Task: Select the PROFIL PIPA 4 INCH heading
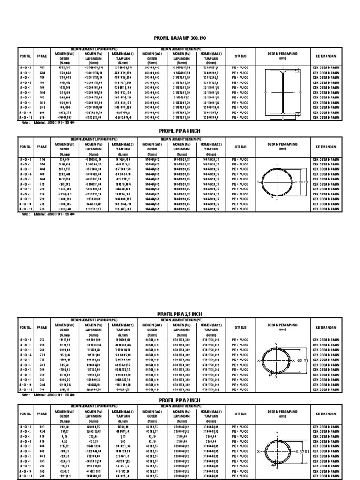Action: coord(180,132)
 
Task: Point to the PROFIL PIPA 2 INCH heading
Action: coord(180,400)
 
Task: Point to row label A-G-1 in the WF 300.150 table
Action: coord(26,68)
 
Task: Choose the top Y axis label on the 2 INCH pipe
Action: coord(277,433)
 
